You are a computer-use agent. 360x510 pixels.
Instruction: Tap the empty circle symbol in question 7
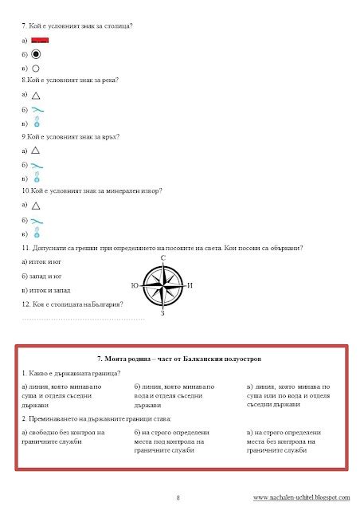pyautogui.click(x=36, y=69)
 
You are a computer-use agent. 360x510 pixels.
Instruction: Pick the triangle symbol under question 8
pyautogui.click(x=35, y=95)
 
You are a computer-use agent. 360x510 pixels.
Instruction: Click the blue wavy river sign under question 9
pyautogui.click(x=37, y=164)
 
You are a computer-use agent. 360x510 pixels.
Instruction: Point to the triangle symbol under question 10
pyautogui.click(x=35, y=205)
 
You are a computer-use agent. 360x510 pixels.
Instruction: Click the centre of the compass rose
pyautogui.click(x=162, y=285)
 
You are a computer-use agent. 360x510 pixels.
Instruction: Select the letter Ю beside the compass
pyautogui.click(x=134, y=285)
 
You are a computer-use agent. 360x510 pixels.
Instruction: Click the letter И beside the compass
pyautogui.click(x=191, y=285)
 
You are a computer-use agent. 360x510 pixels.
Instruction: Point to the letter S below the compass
pyautogui.click(x=162, y=312)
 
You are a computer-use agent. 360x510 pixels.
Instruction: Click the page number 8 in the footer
pyautogui.click(x=178, y=497)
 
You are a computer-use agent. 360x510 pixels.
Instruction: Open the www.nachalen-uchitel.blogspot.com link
pyautogui.click(x=301, y=497)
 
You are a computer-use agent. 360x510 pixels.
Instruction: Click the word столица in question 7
pyautogui.click(x=115, y=26)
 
